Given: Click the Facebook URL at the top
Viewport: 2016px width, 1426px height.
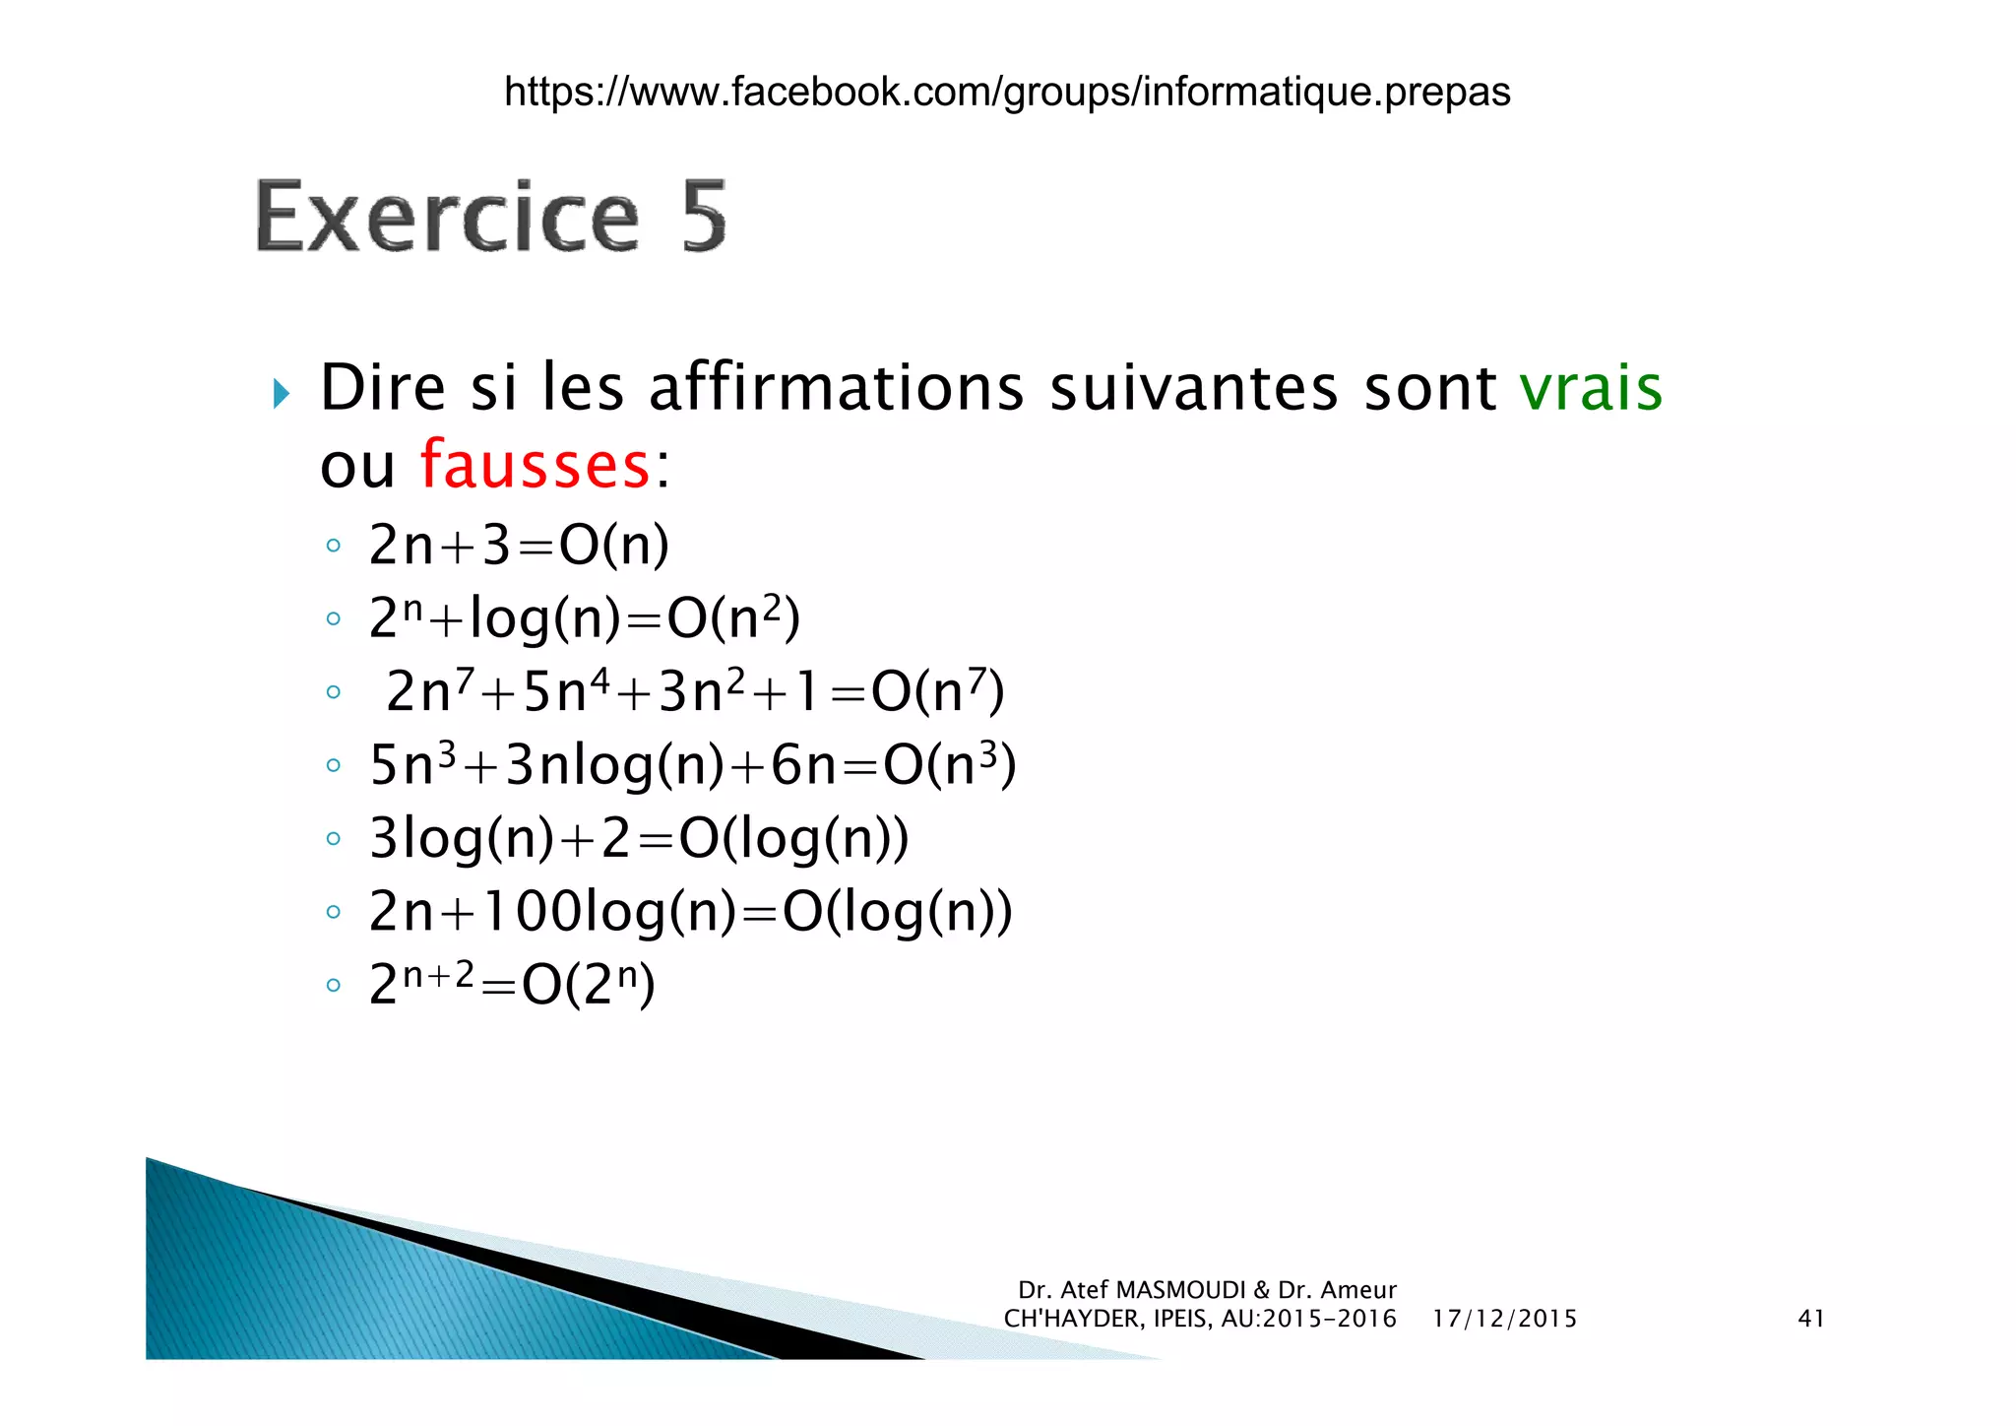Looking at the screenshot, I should (x=1006, y=92).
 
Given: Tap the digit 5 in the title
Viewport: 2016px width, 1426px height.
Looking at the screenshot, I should (x=703, y=218).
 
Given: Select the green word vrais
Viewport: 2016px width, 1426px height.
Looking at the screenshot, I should (x=1590, y=388).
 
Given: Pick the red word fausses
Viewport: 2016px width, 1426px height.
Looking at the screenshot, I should (x=535, y=465).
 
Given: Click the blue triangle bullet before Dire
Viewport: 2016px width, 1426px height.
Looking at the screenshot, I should (x=282, y=394).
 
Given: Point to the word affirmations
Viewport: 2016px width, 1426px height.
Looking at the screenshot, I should (x=836, y=388).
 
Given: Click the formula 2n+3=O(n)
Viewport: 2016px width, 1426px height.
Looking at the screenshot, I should (x=519, y=545).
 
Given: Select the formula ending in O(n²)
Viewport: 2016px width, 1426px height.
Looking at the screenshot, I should (x=585, y=618).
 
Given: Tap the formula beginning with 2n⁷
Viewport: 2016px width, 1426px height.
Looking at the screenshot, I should (x=695, y=691).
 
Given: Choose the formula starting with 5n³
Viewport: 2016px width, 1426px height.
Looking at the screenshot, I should (x=692, y=765).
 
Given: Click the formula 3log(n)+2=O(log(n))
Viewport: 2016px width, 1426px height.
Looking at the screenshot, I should (x=639, y=838).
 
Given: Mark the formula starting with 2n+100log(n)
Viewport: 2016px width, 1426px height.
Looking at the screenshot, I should (x=690, y=911).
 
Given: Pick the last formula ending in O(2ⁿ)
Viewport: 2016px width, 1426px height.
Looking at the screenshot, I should (x=512, y=984).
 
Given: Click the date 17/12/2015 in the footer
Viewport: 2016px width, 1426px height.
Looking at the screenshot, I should (x=1504, y=1319).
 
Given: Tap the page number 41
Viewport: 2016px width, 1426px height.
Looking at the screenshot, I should (x=1811, y=1319).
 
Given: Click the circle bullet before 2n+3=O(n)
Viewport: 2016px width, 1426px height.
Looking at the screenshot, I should (x=334, y=546).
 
